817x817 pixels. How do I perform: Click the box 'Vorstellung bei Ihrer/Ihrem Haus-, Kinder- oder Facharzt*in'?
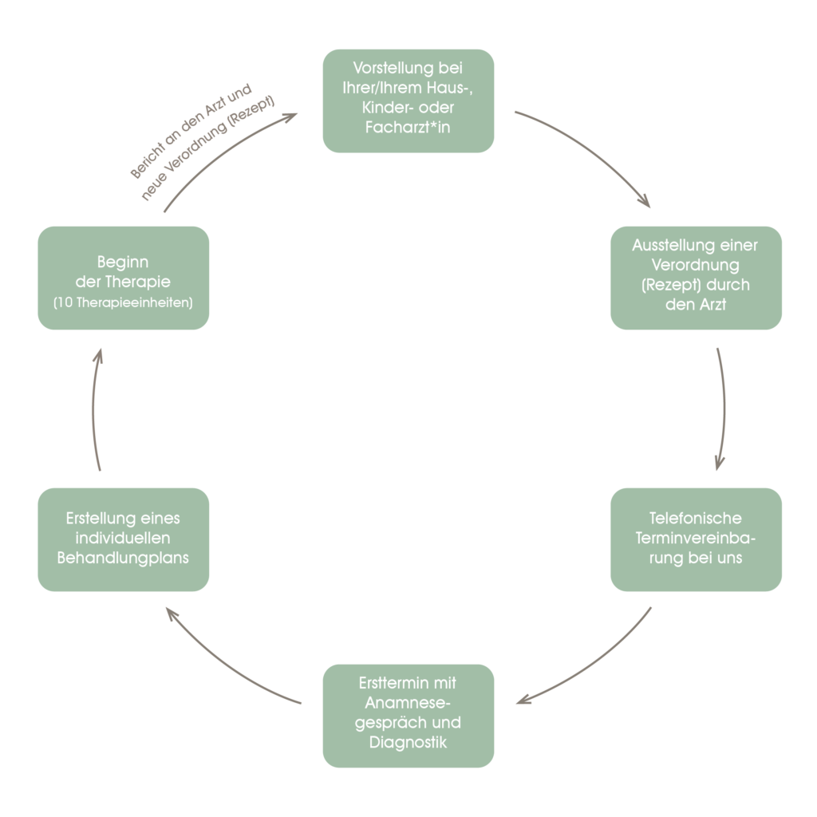(x=408, y=101)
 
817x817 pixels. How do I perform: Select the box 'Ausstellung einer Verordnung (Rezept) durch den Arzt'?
(x=696, y=277)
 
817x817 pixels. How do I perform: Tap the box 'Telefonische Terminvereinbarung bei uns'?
(x=696, y=539)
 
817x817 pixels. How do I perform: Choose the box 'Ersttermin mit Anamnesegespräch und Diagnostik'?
(x=408, y=715)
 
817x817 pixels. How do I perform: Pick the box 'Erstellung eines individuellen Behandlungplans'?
(x=123, y=539)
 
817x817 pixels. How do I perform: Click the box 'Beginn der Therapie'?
(x=123, y=277)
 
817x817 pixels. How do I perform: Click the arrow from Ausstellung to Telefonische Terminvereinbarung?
(x=724, y=407)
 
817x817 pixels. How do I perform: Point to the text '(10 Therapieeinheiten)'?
(x=123, y=303)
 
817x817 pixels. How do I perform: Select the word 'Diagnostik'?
(x=408, y=743)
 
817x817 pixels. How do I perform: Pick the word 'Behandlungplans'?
(x=123, y=558)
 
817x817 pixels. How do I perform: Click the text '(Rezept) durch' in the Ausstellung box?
(x=696, y=285)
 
